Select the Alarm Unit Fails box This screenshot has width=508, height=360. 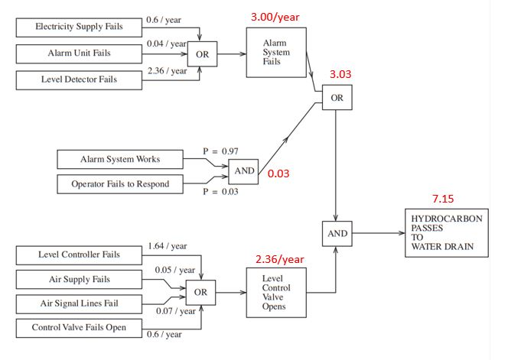click(x=79, y=54)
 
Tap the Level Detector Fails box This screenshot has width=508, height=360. click(x=79, y=79)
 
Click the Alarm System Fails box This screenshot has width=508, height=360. click(x=275, y=53)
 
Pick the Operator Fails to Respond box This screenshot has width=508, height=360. click(x=121, y=184)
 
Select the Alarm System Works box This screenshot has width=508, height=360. click(x=121, y=160)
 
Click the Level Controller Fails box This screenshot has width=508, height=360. click(x=79, y=255)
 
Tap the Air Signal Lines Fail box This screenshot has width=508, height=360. click(x=79, y=303)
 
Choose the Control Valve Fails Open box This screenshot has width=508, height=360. click(x=79, y=328)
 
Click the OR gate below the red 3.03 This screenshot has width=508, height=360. click(x=337, y=98)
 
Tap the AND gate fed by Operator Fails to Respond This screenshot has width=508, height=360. click(x=243, y=171)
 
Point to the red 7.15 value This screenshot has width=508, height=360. click(x=443, y=199)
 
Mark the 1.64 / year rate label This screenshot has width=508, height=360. click(x=168, y=245)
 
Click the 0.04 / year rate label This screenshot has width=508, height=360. click(x=167, y=45)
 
